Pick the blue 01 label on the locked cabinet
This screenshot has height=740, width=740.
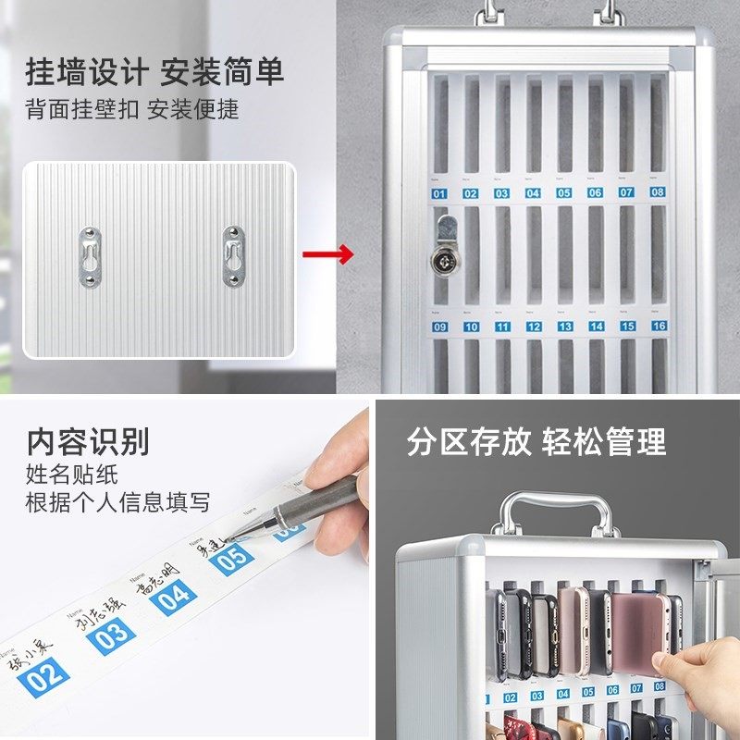tap(438, 193)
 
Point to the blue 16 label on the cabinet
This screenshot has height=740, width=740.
tap(659, 326)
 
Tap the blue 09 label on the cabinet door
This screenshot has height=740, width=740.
tap(439, 327)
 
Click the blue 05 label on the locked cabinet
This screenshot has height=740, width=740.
tap(563, 193)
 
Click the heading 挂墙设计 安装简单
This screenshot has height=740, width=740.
tap(154, 72)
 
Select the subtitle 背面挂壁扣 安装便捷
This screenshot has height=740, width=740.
tap(132, 109)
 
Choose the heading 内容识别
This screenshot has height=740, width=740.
tap(88, 441)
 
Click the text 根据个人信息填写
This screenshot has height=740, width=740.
tap(117, 502)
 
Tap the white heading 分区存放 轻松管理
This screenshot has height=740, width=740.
tap(536, 441)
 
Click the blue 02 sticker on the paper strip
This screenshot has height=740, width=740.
tap(45, 676)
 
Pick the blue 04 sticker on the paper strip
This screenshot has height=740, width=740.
tap(175, 597)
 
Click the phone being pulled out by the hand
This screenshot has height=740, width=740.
tap(638, 629)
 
